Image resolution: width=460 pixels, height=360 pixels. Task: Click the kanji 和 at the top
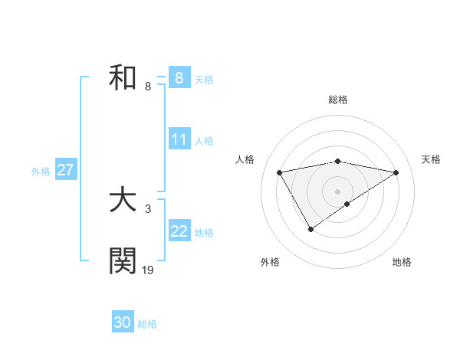tap(123, 78)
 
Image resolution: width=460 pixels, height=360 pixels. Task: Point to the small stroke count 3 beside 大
tap(147, 208)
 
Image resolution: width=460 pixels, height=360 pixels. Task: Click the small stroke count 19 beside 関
tap(148, 270)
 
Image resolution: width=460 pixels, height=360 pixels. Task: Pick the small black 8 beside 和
tap(147, 86)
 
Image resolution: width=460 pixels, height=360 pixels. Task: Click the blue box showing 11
tap(179, 139)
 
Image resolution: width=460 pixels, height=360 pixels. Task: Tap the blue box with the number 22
tap(179, 231)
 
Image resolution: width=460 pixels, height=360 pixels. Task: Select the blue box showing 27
tap(65, 170)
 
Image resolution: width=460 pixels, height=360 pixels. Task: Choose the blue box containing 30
tap(123, 322)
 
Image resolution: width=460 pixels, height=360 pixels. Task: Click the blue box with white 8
tap(179, 78)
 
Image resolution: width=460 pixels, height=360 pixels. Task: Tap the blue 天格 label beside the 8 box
tap(204, 80)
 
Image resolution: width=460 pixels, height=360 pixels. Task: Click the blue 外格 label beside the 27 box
tap(41, 172)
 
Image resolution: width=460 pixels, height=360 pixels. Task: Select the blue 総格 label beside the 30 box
tap(147, 324)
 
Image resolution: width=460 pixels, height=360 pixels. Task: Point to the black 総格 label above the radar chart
tap(338, 100)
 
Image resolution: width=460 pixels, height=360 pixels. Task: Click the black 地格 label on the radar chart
tap(402, 263)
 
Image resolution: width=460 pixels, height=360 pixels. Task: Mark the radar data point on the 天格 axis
tap(396, 172)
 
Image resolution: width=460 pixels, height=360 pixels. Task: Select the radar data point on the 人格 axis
tap(280, 172)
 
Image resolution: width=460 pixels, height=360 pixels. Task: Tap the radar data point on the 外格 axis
tap(310, 228)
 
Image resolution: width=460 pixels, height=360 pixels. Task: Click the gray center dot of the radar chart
tap(338, 191)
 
